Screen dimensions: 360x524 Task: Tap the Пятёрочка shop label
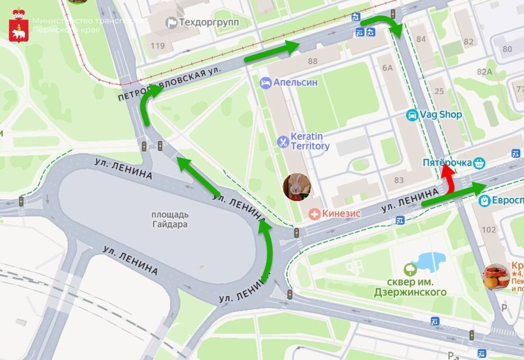[x=448, y=163]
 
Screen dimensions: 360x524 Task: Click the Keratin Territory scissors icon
[x=283, y=142]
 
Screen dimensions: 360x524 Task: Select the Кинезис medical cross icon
[x=314, y=214]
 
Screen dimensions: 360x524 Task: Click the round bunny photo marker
[x=297, y=187]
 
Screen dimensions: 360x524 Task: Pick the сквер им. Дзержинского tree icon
[x=409, y=269]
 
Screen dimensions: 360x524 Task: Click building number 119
[x=157, y=46]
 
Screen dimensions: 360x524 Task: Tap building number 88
[x=312, y=61]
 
